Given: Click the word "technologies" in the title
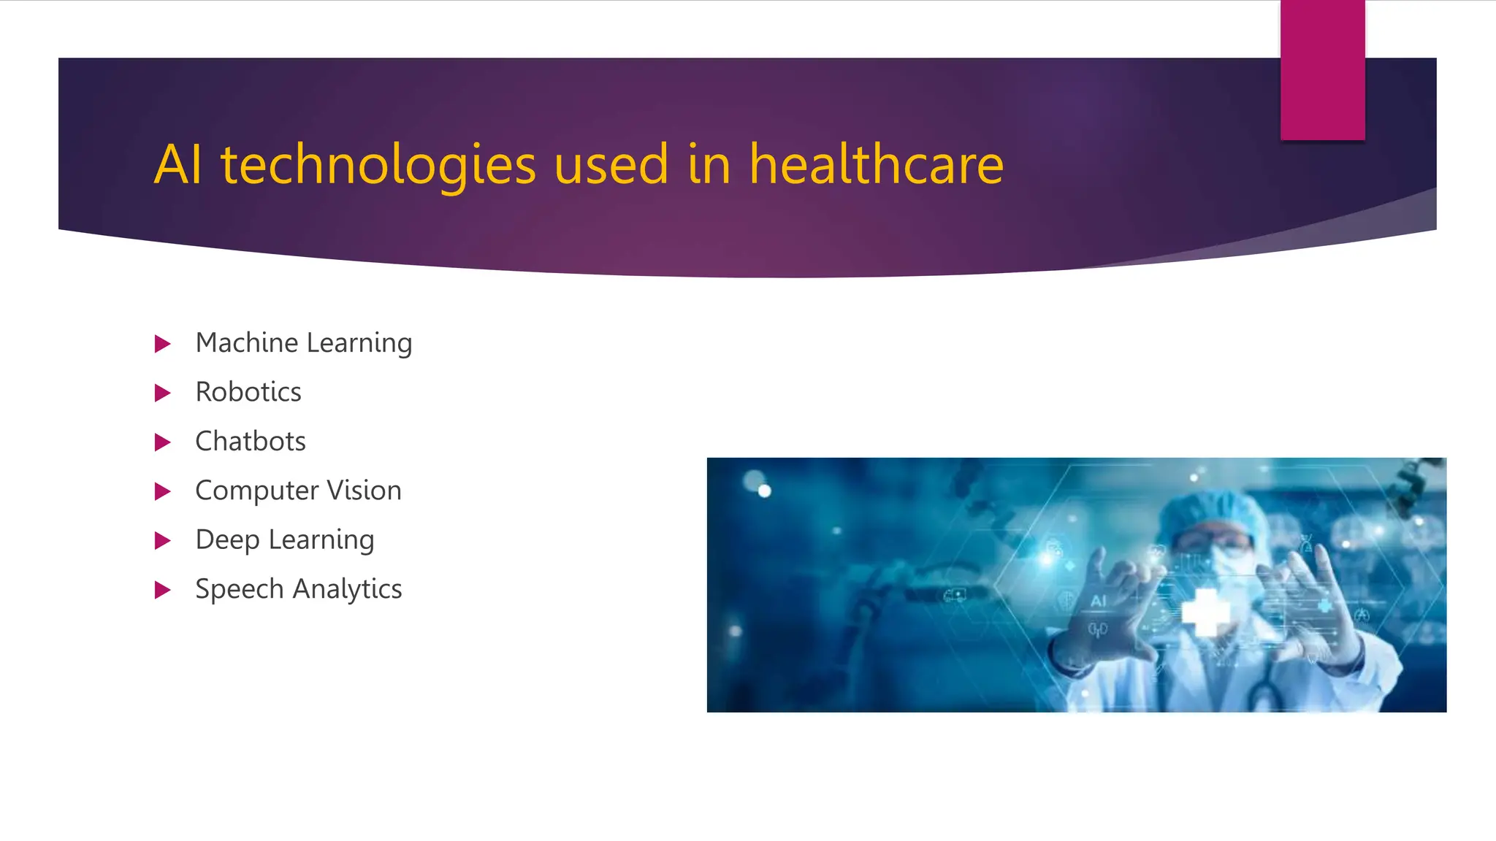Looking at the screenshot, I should point(378,165).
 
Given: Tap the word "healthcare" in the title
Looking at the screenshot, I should point(876,165).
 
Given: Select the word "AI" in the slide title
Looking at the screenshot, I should point(178,165).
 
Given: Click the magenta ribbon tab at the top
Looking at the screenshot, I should point(1322,70).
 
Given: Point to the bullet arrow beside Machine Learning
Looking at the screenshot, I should point(162,344).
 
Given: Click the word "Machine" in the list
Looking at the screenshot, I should point(247,342).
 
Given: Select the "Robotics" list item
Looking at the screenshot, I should point(248,392).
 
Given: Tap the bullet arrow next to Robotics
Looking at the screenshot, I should point(162,393).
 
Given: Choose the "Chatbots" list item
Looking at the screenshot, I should point(251,442).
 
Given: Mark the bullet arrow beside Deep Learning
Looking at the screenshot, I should point(162,541).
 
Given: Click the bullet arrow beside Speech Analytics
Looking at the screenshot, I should point(162,590).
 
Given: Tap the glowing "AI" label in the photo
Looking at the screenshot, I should point(1099,601).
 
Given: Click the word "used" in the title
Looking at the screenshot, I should point(611,165).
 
